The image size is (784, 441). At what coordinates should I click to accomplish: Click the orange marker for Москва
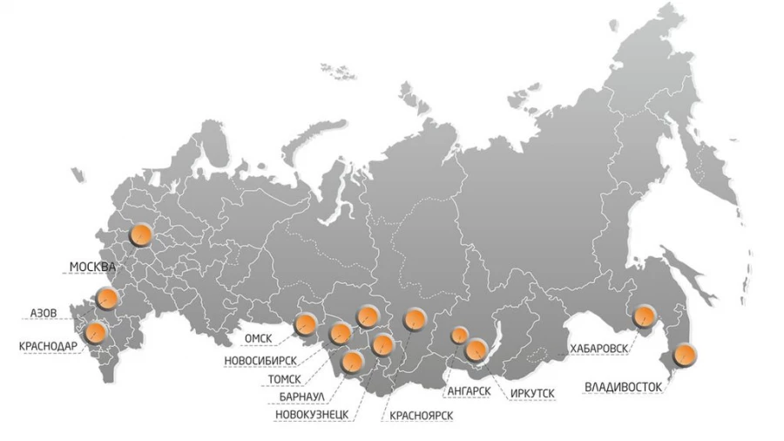(x=139, y=234)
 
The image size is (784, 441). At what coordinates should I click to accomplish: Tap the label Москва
(x=92, y=266)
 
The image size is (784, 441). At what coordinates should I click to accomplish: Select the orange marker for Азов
(x=106, y=299)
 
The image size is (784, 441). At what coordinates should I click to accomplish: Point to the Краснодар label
(x=48, y=346)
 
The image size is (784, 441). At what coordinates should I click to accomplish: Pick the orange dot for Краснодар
(x=93, y=332)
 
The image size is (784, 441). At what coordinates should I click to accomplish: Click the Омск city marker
(x=306, y=325)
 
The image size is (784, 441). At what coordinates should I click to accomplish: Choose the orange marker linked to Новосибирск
(x=341, y=332)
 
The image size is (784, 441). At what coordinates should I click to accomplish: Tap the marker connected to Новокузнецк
(x=382, y=344)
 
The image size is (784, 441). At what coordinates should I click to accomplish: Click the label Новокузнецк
(x=311, y=414)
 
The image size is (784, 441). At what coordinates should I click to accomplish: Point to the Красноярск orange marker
(x=415, y=320)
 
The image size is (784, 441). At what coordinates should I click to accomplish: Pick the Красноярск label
(x=422, y=414)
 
